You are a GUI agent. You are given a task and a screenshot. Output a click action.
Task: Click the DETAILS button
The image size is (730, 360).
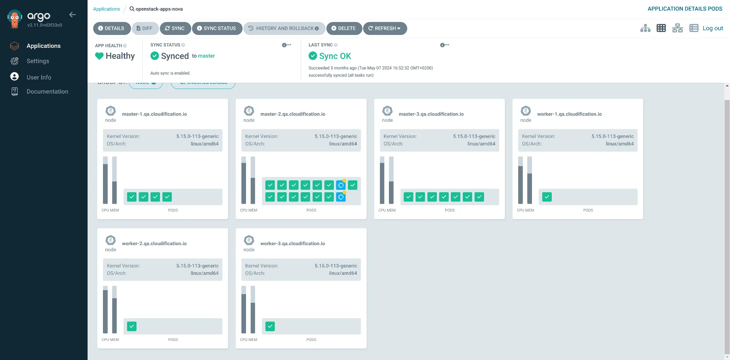(x=111, y=28)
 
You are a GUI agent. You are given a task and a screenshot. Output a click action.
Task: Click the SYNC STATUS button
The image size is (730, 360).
(x=216, y=28)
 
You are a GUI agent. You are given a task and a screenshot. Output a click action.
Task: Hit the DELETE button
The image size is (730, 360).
(x=344, y=28)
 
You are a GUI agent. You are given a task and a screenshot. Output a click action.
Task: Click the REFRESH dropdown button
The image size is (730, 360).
(x=385, y=28)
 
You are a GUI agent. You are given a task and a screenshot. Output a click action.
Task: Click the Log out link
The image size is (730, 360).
(x=712, y=28)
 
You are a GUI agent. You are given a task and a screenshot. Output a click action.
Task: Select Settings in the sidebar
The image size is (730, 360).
(x=38, y=61)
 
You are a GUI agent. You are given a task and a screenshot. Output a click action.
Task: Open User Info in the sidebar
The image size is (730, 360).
(x=39, y=77)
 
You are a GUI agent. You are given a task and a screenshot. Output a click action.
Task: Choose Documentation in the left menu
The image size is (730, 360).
(x=47, y=92)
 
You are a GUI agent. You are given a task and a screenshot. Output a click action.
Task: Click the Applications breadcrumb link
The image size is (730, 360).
(x=106, y=9)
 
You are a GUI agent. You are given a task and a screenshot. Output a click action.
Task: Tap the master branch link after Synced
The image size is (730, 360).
(x=206, y=56)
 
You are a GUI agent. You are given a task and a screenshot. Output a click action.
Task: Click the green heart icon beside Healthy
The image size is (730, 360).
(x=99, y=56)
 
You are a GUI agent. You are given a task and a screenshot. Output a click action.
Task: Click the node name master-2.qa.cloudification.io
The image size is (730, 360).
(x=292, y=114)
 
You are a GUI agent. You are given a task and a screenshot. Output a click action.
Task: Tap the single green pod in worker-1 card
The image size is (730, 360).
(x=547, y=197)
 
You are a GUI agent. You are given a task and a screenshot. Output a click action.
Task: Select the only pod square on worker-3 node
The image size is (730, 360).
(x=270, y=327)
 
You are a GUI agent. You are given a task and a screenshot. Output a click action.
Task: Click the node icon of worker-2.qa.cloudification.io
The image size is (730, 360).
(x=111, y=240)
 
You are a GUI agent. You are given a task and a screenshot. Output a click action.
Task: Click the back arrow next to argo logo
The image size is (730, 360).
(x=72, y=15)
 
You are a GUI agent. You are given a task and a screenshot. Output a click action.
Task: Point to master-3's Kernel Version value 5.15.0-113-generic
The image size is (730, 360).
(x=474, y=136)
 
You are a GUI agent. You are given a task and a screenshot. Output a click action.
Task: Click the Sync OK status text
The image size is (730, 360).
(x=335, y=56)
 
